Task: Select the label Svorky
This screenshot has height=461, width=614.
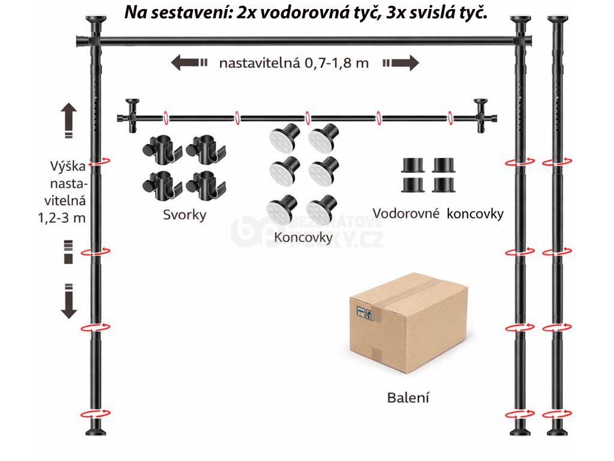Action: [x=184, y=215]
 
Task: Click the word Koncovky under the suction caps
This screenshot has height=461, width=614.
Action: [x=303, y=237]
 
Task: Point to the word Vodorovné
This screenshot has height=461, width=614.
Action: [x=406, y=214]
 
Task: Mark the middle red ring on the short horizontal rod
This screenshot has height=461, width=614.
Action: [x=307, y=116]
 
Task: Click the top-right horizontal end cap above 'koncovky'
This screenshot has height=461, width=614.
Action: [x=444, y=164]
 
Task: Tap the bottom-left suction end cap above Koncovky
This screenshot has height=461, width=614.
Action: [x=279, y=208]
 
